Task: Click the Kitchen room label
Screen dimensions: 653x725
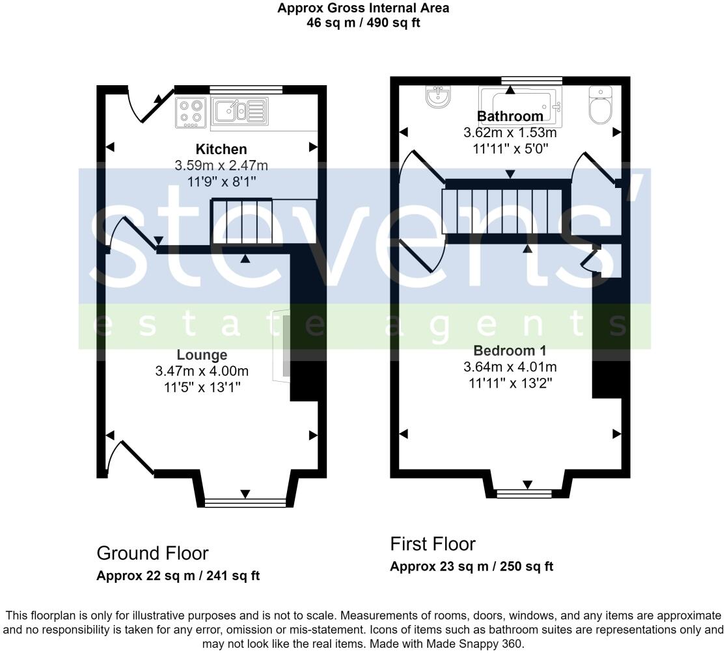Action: pyautogui.click(x=221, y=150)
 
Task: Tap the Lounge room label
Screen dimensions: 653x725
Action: pyautogui.click(x=202, y=355)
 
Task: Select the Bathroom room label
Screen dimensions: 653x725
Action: pyautogui.click(x=510, y=116)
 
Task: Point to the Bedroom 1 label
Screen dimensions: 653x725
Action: pyautogui.click(x=510, y=349)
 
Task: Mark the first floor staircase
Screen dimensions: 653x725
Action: pyautogui.click(x=501, y=211)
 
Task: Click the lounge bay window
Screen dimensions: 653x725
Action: pyautogui.click(x=245, y=501)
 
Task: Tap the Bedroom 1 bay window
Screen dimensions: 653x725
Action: pyautogui.click(x=527, y=492)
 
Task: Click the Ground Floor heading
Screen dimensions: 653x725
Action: pyautogui.click(x=152, y=553)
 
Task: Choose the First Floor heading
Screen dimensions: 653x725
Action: pyautogui.click(x=433, y=544)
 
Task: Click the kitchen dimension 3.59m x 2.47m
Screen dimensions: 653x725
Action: pyautogui.click(x=221, y=166)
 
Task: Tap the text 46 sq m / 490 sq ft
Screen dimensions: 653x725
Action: pyautogui.click(x=362, y=23)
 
